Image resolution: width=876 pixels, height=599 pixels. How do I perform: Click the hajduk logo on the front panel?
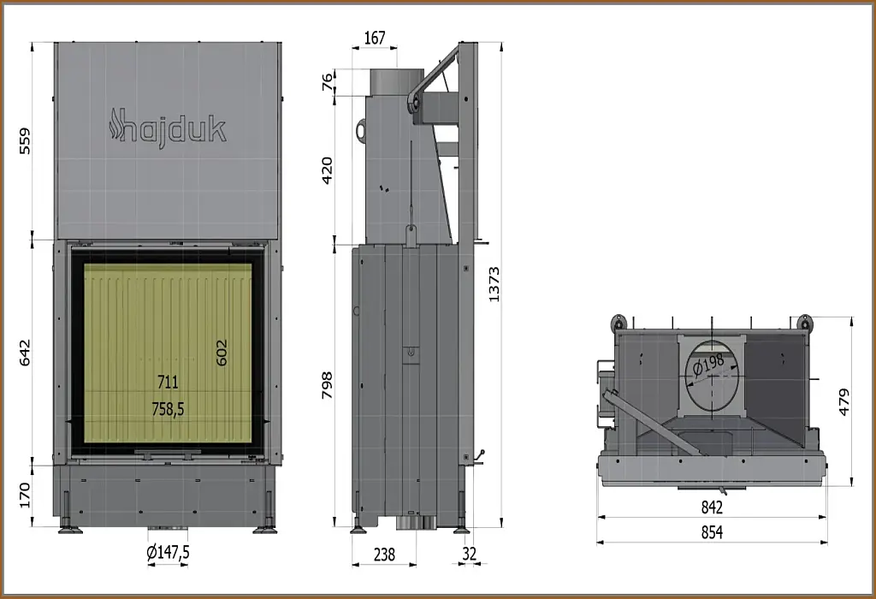[x=168, y=128]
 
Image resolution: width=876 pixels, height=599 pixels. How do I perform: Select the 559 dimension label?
[x=25, y=141]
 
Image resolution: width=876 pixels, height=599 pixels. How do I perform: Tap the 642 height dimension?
[x=25, y=352]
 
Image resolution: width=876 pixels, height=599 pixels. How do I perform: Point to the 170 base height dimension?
[x=25, y=495]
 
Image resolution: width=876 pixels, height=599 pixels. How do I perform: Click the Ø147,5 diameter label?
[x=169, y=553]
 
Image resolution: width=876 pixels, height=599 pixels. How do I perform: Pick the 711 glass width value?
[x=168, y=383]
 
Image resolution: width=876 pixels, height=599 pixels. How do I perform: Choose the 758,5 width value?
[x=168, y=410]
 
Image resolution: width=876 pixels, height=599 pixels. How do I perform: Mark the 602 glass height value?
[x=222, y=352]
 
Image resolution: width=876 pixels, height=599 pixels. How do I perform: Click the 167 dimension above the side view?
[x=375, y=38]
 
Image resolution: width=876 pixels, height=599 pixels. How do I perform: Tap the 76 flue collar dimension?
[x=328, y=81]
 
